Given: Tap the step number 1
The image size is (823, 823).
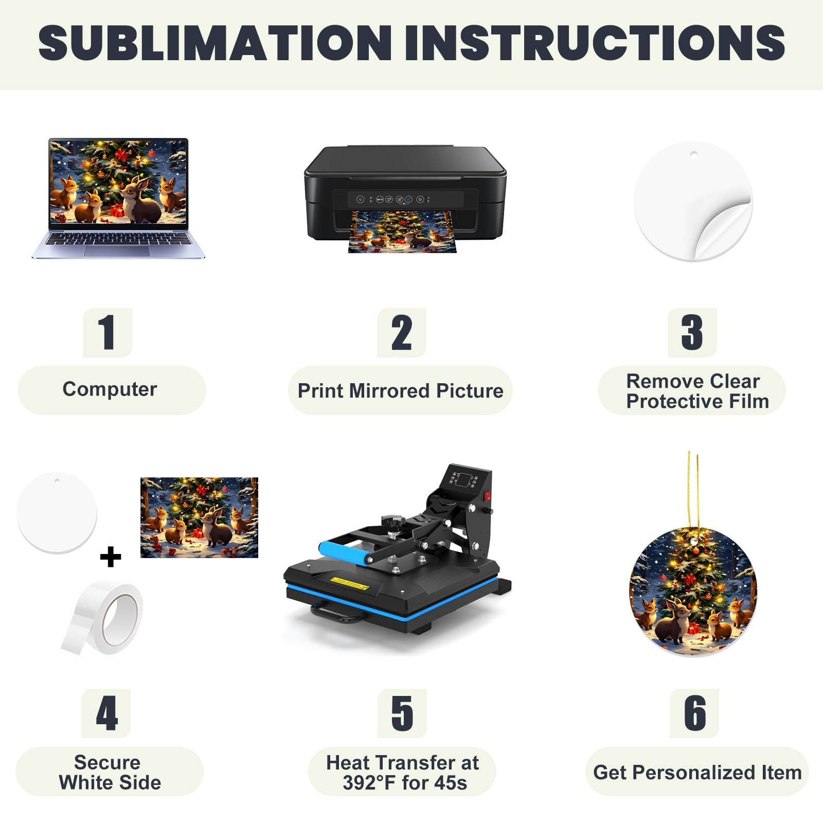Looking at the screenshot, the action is tap(107, 332).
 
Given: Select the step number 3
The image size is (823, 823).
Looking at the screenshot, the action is tap(692, 332).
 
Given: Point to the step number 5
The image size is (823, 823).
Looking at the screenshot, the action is tap(402, 713).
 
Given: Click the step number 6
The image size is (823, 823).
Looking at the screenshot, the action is tap(694, 713).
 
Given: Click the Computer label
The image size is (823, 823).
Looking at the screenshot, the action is tap(110, 389).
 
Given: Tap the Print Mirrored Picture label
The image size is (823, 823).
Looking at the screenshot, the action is tap(400, 391).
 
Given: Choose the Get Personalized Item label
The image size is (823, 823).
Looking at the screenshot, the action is tap(697, 772).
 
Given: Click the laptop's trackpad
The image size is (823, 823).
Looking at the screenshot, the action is tap(117, 251).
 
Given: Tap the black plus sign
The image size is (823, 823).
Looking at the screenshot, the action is tap(111, 557).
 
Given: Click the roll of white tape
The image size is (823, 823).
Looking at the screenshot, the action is tap(103, 618).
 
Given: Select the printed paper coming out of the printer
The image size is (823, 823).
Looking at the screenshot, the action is tap(402, 232).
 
